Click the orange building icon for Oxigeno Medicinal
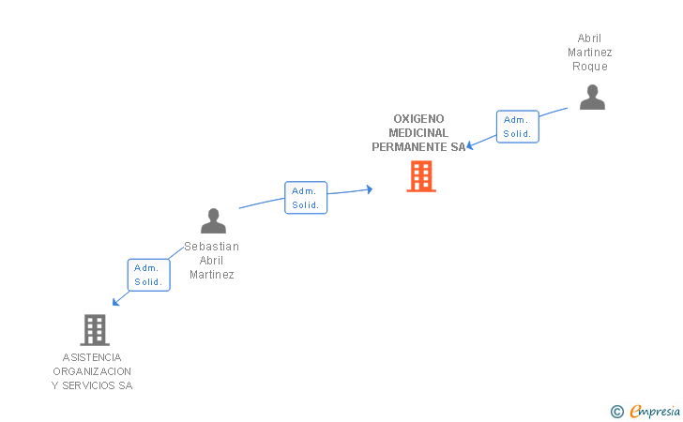[421, 176]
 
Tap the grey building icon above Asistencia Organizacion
[95, 329]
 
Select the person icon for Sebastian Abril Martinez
[214, 221]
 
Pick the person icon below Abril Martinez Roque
[592, 97]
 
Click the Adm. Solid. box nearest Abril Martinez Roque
[517, 127]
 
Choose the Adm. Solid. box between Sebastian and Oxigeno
[306, 198]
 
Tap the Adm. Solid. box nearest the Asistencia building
[148, 275]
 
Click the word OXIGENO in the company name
[418, 119]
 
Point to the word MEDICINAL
[418, 133]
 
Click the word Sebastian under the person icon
[211, 247]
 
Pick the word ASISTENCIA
[92, 357]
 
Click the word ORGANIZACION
[92, 371]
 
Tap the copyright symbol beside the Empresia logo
[617, 411]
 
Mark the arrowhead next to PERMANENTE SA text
[470, 144]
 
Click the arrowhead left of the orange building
[370, 189]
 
